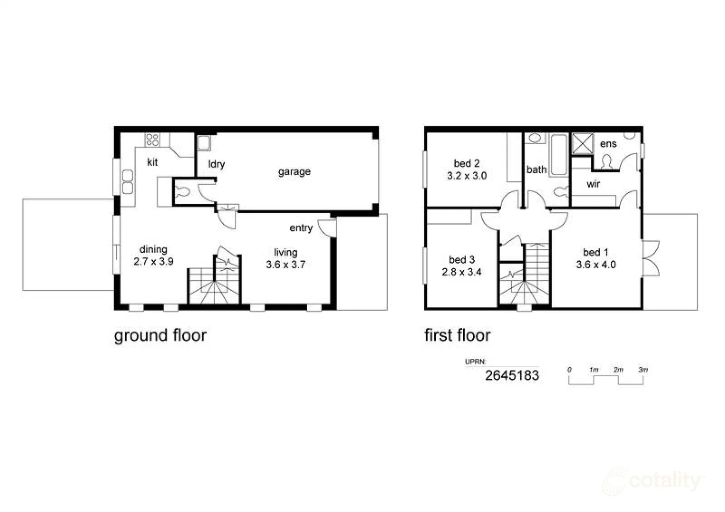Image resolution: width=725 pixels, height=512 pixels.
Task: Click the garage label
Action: pyautogui.click(x=294, y=172)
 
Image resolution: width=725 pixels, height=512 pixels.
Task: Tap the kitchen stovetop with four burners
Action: pyautogui.click(x=152, y=139)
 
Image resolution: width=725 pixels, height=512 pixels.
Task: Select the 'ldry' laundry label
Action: pyautogui.click(x=216, y=164)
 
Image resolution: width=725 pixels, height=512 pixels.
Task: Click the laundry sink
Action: pyautogui.click(x=204, y=143)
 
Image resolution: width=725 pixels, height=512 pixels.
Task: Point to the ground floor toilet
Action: pyautogui.click(x=182, y=192)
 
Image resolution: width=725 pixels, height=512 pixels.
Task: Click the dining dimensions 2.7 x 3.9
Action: pyautogui.click(x=153, y=261)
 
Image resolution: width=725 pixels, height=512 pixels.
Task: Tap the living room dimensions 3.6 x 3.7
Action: pyautogui.click(x=285, y=265)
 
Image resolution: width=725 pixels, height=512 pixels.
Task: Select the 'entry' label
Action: pyautogui.click(x=301, y=228)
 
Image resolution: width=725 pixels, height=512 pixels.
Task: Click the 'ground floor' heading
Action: pyautogui.click(x=160, y=335)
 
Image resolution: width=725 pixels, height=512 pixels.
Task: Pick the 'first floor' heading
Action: pyautogui.click(x=457, y=335)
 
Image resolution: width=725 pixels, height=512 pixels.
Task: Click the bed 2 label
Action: pyautogui.click(x=467, y=164)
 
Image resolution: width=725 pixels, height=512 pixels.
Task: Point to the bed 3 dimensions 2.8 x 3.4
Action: pyautogui.click(x=461, y=272)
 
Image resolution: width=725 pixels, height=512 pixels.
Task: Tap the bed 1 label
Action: pyautogui.click(x=596, y=253)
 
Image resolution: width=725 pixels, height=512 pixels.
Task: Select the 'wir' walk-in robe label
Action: pyautogui.click(x=593, y=184)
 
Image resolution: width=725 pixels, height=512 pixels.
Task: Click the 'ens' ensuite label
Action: pyautogui.click(x=608, y=144)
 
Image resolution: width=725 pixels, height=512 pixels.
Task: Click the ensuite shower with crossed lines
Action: pyautogui.click(x=582, y=144)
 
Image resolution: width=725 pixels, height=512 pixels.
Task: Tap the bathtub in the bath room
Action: pyautogui.click(x=559, y=154)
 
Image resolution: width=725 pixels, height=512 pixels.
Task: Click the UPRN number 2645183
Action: pyautogui.click(x=512, y=375)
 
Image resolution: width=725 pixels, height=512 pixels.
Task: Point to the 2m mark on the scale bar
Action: pyautogui.click(x=618, y=370)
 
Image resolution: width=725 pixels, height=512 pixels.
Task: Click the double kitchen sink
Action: pyautogui.click(x=128, y=182)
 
